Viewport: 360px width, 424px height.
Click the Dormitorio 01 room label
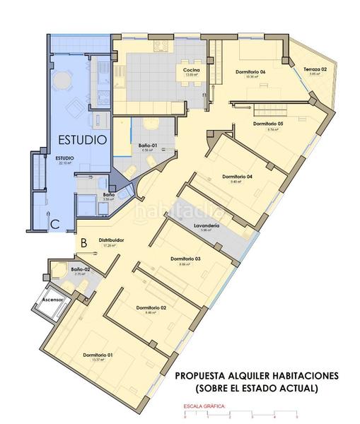point(98,354)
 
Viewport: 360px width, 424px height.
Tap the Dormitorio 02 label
point(151,307)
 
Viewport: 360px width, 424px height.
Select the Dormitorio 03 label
point(185,259)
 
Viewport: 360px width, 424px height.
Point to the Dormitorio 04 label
point(237,176)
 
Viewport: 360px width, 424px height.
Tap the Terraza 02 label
point(315,69)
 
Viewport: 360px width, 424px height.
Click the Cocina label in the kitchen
point(191,71)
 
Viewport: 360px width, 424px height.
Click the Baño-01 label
point(148,146)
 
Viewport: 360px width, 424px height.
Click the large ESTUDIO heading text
point(82,140)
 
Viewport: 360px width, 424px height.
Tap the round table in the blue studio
point(64,81)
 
